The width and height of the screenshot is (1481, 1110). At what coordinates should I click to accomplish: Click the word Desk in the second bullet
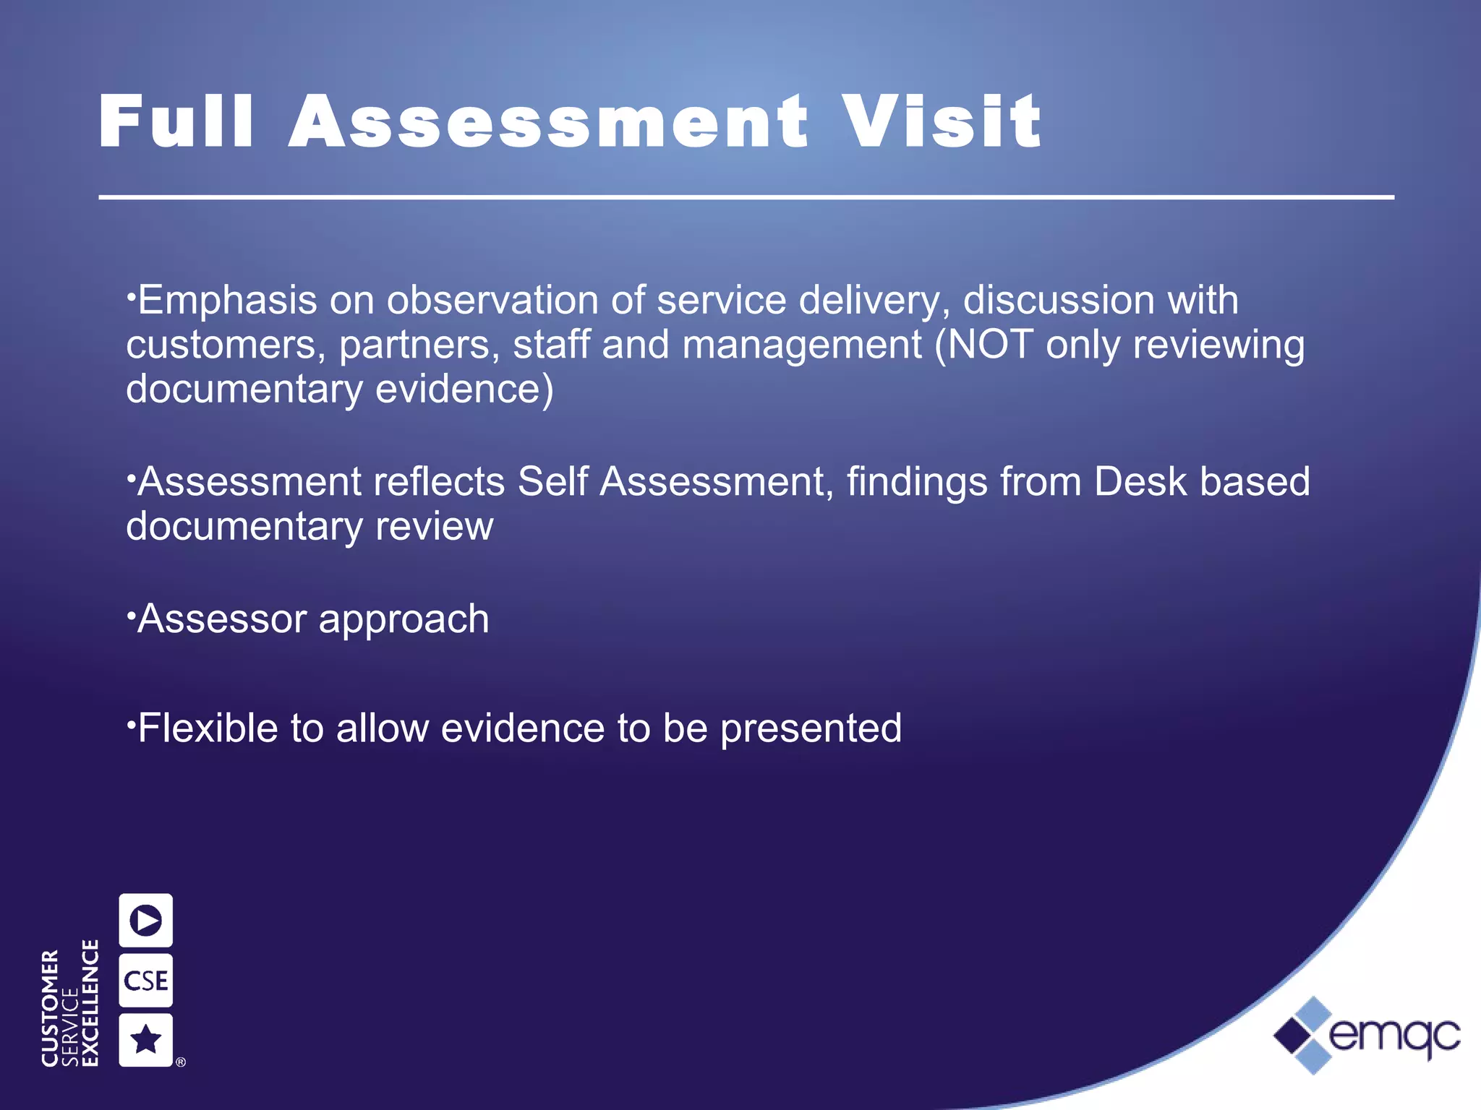click(x=1140, y=481)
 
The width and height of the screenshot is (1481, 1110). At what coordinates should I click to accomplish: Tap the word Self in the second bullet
click(x=552, y=481)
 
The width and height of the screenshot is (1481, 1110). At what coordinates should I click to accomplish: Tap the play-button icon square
click(x=145, y=921)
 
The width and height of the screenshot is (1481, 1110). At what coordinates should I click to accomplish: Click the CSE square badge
click(x=145, y=981)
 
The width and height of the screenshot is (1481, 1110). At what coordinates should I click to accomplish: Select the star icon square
click(x=145, y=1040)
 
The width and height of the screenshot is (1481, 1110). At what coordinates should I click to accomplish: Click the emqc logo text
click(x=1394, y=1035)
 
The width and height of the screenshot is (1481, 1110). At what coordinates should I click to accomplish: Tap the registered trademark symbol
click(x=181, y=1062)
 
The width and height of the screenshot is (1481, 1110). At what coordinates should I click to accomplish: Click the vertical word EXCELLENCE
click(x=90, y=1002)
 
